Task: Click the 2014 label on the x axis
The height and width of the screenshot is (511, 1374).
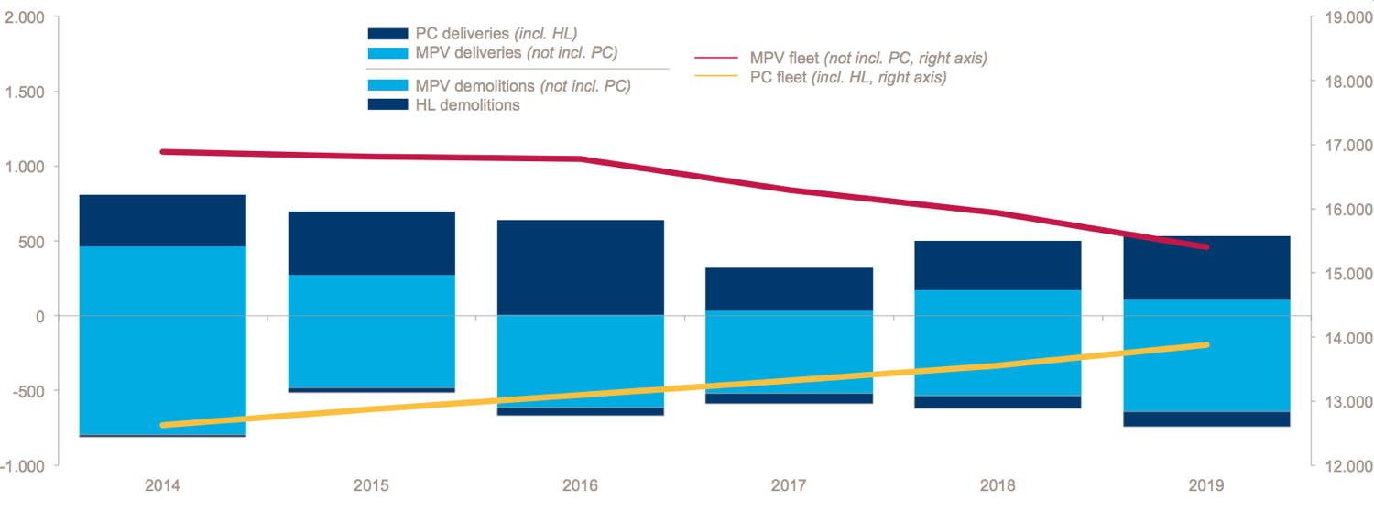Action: click(162, 485)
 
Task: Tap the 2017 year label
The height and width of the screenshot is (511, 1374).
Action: click(789, 485)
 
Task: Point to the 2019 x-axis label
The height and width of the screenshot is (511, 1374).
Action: click(1206, 485)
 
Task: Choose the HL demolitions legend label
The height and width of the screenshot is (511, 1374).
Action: click(467, 105)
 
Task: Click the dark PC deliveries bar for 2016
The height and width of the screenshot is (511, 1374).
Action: click(580, 267)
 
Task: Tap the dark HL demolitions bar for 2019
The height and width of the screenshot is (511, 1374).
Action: click(1206, 419)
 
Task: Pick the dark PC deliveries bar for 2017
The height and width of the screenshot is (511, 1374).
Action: click(789, 289)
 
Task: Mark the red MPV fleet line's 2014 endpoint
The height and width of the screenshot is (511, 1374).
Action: click(163, 151)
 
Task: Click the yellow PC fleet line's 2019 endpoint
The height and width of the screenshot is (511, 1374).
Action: click(1205, 344)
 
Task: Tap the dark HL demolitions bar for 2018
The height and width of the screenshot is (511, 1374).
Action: click(998, 402)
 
